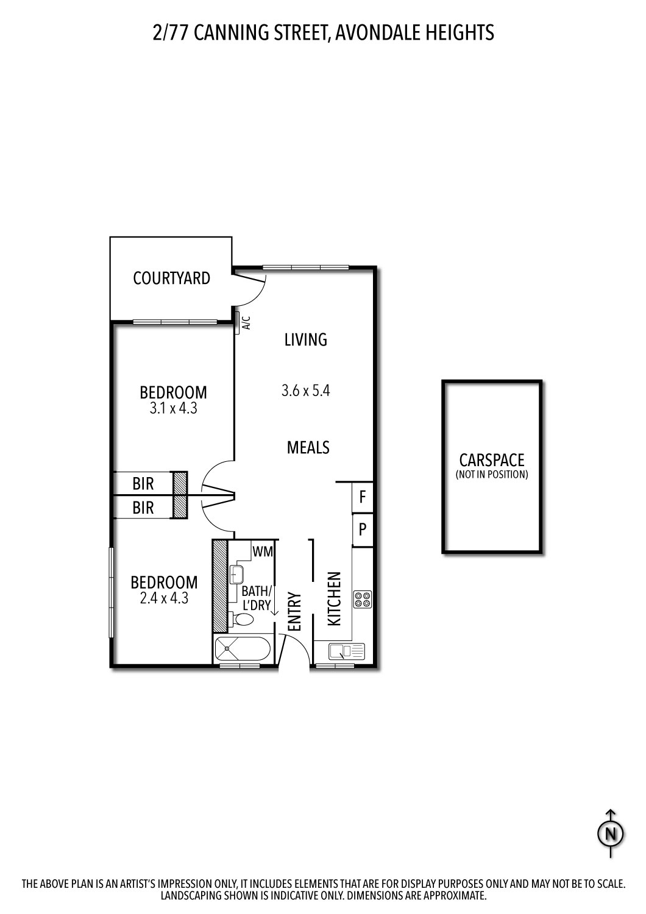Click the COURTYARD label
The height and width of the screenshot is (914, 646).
(171, 278)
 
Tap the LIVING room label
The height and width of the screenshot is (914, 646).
(306, 339)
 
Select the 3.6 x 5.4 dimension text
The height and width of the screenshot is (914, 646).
(306, 391)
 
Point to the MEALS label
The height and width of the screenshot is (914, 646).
(308, 448)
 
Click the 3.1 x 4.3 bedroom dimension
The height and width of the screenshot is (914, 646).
(173, 409)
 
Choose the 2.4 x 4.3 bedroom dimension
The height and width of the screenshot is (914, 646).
(164, 598)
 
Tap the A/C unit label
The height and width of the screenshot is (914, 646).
(246, 322)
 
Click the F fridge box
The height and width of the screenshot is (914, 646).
(363, 497)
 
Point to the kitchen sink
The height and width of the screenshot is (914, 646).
(346, 651)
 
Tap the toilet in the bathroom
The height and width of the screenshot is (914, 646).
(243, 620)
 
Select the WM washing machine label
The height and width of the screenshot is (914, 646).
(263, 551)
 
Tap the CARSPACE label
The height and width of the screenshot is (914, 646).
(492, 460)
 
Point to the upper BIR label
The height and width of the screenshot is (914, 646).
(143, 484)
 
